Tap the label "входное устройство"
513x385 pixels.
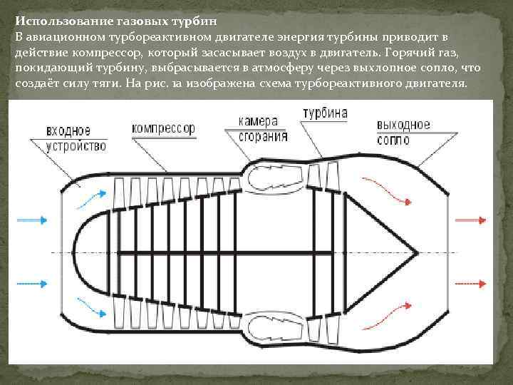(x=76, y=138)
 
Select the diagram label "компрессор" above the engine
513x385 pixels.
(x=163, y=129)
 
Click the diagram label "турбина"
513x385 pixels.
(x=325, y=113)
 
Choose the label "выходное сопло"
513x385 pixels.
(x=403, y=131)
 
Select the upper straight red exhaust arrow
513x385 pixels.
(x=470, y=220)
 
